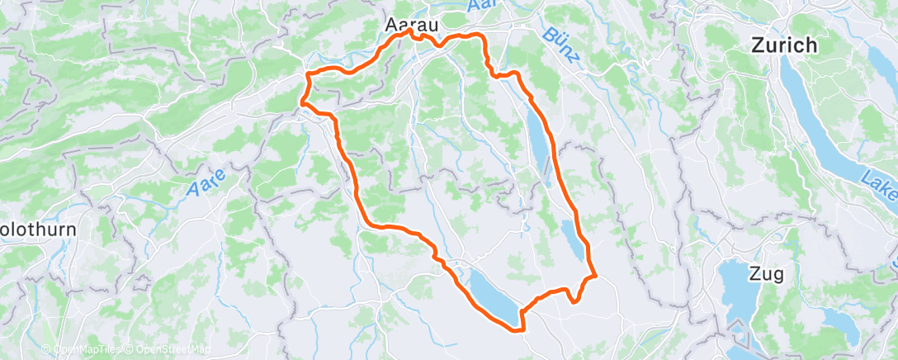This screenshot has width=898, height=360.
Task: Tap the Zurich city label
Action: coord(784,46)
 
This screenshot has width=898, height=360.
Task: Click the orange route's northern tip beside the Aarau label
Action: coord(410,31)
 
